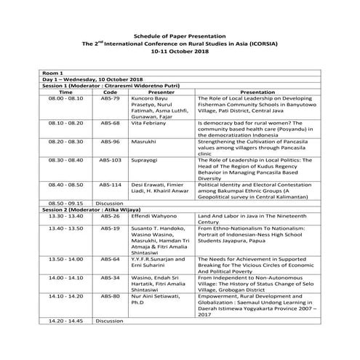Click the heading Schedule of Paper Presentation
(x=180, y=36)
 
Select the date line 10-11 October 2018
(x=179, y=52)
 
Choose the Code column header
(x=111, y=92)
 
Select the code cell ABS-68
(x=111, y=124)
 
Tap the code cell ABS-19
(x=111, y=228)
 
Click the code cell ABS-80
(x=111, y=297)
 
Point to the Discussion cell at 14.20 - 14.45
(x=110, y=321)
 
